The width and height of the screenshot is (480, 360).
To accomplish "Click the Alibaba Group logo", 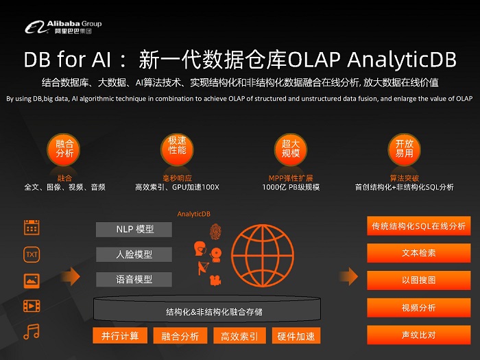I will pos(62,27).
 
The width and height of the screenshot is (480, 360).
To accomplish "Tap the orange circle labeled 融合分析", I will pos(64,149).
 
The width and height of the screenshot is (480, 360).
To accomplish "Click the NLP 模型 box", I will pos(134,229).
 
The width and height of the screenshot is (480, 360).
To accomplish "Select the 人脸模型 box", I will pos(134,254).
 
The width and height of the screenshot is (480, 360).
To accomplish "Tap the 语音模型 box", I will pos(134,280).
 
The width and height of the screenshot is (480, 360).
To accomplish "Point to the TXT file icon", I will pos(32,254).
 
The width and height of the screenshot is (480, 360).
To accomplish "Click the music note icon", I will pos(32,332).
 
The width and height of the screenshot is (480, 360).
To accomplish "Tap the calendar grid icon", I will pos(32,228).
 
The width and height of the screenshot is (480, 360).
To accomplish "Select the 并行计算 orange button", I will pos(120,336).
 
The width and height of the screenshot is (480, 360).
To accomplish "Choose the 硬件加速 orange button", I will pos(296,336).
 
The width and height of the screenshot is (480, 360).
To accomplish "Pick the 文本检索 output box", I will pos(418,253).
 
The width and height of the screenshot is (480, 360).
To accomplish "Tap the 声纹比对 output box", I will pos(418,335).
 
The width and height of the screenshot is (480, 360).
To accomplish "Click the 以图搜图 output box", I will pos(418,280).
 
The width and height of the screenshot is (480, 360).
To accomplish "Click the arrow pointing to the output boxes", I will pos(350,276).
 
